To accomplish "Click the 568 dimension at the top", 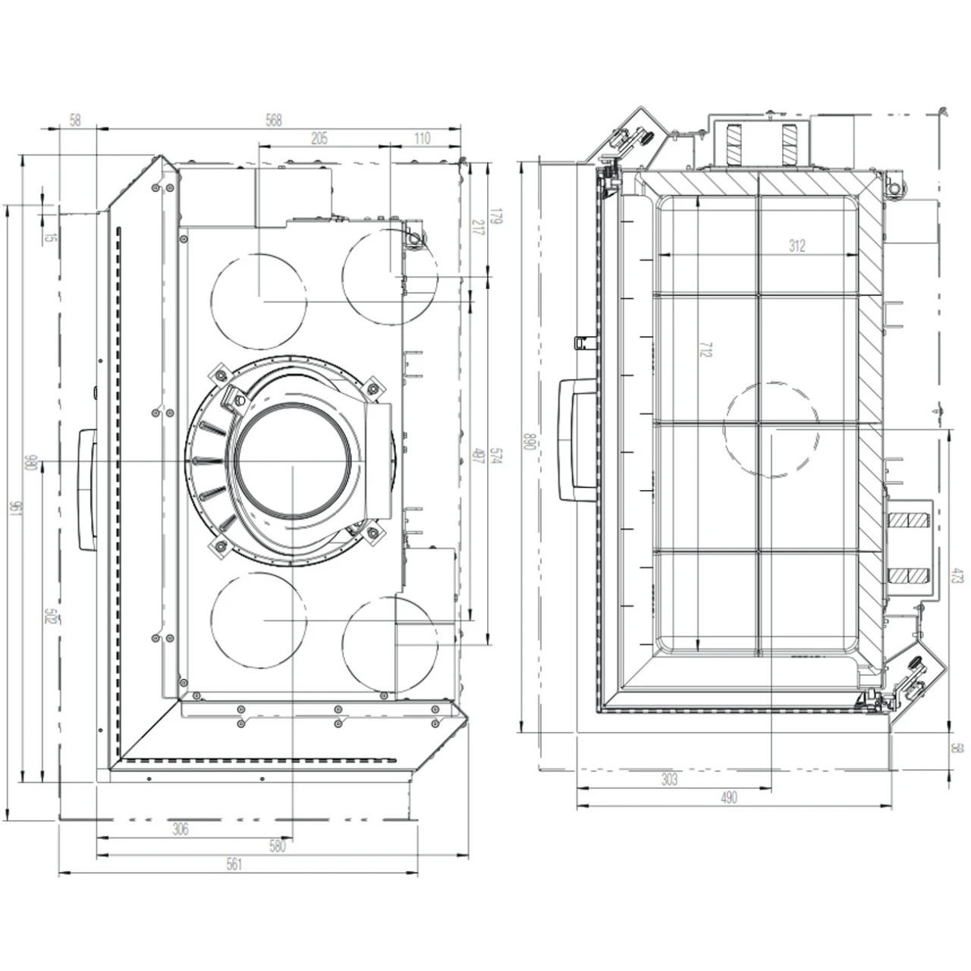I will [x=273, y=120].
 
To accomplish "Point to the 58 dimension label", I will [x=75, y=120].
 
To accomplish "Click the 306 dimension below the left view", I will [x=180, y=829].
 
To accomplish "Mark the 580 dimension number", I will [x=278, y=847].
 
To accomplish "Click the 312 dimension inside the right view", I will [x=797, y=245].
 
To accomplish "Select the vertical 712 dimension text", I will [x=705, y=350].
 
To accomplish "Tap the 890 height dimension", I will [x=530, y=442].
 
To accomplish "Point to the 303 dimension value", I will [x=668, y=779].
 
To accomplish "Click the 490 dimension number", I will [x=728, y=797].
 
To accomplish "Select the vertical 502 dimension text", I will [x=50, y=616].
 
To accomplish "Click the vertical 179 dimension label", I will [x=497, y=218].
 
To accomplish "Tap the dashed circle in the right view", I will [x=771, y=429].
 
